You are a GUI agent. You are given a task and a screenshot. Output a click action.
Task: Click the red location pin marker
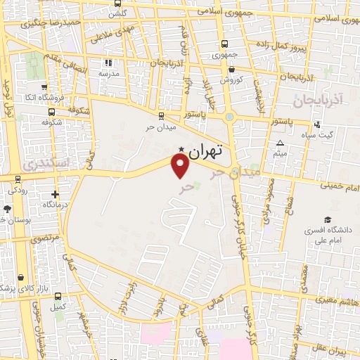click(x=181, y=166)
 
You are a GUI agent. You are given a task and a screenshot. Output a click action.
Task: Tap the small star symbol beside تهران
click(x=182, y=148)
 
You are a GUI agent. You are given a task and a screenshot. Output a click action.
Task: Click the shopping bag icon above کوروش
click(x=232, y=68)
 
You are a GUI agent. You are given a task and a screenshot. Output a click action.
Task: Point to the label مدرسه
click(x=108, y=73)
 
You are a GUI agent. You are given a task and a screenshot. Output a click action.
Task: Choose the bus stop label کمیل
click(x=58, y=307)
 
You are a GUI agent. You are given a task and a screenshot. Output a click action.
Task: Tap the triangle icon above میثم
click(x=280, y=143)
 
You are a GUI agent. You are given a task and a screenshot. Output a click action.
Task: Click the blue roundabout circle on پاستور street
click(x=229, y=117)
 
